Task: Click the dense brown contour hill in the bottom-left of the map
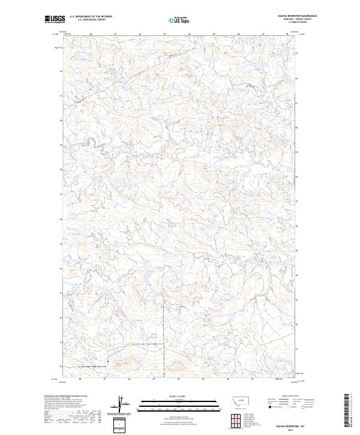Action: tap(123, 362)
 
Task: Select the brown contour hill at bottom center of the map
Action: tap(178, 364)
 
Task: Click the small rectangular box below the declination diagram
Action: tap(119, 424)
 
